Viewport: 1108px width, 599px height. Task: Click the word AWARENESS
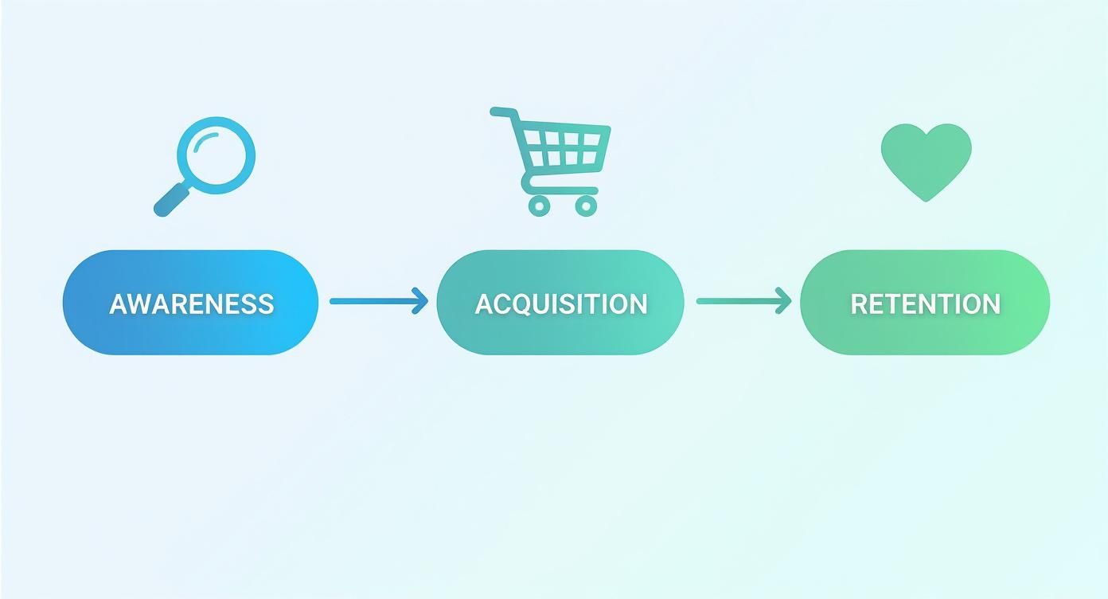pyautogui.click(x=191, y=303)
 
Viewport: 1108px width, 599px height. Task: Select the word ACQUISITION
pyautogui.click(x=560, y=303)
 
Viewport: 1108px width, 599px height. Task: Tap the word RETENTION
pyautogui.click(x=925, y=303)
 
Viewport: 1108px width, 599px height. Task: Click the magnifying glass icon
pyautogui.click(x=209, y=162)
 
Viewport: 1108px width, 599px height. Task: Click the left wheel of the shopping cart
pyautogui.click(x=539, y=206)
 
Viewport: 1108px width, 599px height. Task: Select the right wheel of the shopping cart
pyautogui.click(x=586, y=206)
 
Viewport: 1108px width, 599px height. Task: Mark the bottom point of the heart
pyautogui.click(x=926, y=199)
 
